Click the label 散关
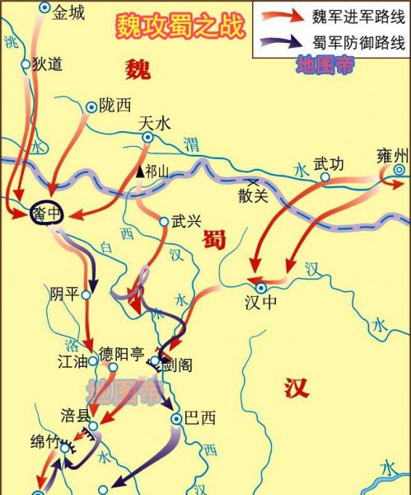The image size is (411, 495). (x=253, y=196)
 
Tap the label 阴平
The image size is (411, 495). (x=64, y=294)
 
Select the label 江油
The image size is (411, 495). (x=72, y=360)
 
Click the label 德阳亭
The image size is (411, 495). (x=121, y=355)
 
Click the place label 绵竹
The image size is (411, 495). (x=46, y=441)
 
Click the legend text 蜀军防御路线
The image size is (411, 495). (x=352, y=45)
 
